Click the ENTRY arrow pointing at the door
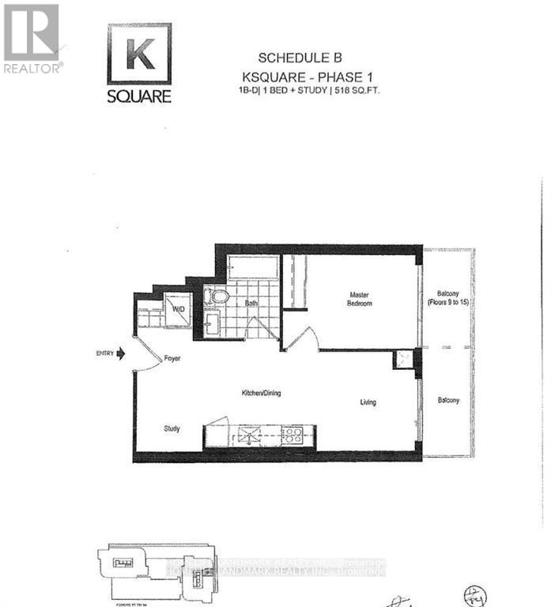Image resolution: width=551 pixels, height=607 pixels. (120, 355)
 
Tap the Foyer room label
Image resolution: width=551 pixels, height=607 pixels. (172, 359)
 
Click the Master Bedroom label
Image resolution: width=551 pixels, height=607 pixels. (360, 300)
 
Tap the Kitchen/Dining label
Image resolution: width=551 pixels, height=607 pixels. (261, 393)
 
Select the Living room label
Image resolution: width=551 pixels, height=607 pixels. (368, 402)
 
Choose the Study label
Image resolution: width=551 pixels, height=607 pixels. (172, 428)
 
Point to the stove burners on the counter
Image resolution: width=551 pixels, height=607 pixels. (292, 434)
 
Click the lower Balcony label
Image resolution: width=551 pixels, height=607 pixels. (448, 401)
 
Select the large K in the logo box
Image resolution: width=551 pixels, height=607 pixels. (139, 54)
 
